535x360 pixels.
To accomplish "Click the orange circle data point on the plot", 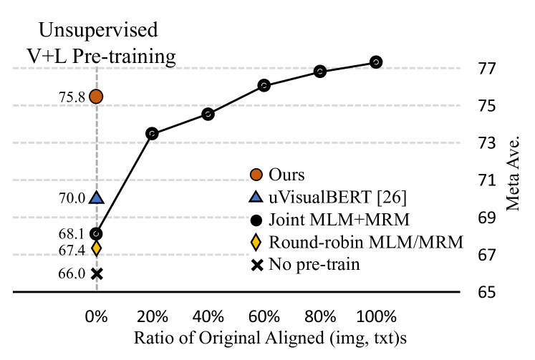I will coord(96,96).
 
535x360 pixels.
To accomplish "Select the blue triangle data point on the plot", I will coord(96,198).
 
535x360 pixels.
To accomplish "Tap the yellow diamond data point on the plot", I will coord(96,248).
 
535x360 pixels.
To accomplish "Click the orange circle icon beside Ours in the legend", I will coord(256,175).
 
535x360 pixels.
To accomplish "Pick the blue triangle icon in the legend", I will coord(256,197).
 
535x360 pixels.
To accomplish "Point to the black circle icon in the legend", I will coord(256,219).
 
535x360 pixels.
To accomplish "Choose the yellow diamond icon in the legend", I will coord(256,242).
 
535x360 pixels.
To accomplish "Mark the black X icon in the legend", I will coord(256,265).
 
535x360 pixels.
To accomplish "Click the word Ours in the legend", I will coord(286,175).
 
